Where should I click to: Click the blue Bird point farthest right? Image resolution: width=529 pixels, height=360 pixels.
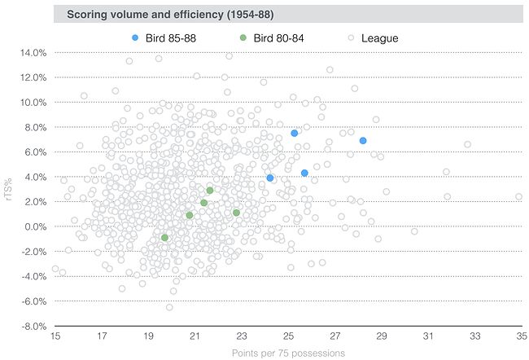[363, 141]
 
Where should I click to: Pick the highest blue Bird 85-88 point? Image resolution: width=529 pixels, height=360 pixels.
[295, 133]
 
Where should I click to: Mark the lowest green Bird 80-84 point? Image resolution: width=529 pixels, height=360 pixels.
[164, 238]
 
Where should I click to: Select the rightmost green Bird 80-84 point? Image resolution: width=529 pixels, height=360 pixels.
[236, 213]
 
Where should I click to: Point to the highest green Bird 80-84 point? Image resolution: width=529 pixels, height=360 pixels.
[210, 191]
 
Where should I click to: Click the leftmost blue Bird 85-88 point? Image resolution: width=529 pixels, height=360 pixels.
[270, 178]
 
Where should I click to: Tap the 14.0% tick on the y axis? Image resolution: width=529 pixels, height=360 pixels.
[34, 53]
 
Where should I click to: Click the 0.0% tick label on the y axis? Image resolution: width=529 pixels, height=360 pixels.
[37, 226]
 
